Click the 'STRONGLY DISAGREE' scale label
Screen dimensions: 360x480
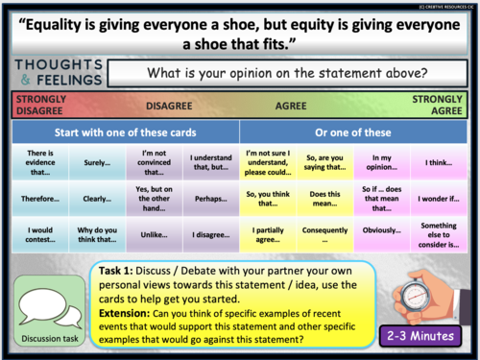[x=36, y=105]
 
